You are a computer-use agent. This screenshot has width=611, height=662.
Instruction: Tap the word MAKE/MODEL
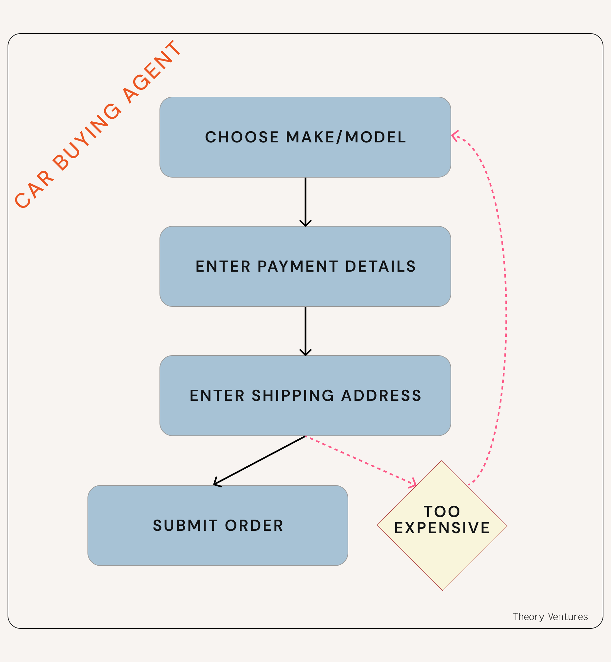tap(346, 137)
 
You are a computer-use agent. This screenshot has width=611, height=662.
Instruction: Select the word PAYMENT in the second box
tap(298, 266)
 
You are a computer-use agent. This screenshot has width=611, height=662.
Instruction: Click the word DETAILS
tap(380, 266)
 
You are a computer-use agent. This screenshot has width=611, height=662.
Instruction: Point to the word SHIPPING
tap(293, 396)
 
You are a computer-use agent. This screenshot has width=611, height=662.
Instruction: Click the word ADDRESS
tap(381, 396)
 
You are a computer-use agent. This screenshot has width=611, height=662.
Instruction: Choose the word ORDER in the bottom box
tap(254, 526)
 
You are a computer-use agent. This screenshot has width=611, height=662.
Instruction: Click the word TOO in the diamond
tap(442, 512)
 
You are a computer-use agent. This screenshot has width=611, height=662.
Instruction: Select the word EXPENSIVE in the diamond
tap(442, 528)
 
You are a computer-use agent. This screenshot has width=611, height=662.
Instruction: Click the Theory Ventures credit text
tap(550, 617)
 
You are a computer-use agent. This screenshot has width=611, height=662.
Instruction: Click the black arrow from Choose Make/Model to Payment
tap(305, 202)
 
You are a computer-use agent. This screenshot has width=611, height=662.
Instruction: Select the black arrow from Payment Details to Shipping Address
tap(305, 331)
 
